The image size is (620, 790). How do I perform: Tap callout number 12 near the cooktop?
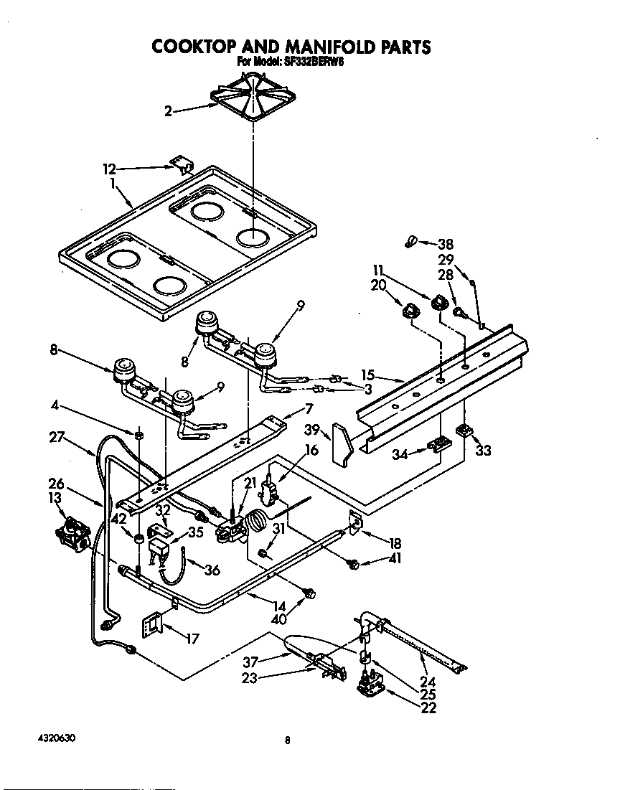(x=109, y=169)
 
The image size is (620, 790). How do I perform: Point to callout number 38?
(x=446, y=244)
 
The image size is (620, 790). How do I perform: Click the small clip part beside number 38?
(x=411, y=242)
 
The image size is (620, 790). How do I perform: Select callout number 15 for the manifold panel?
(x=368, y=375)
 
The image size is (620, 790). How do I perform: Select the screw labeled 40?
(x=310, y=593)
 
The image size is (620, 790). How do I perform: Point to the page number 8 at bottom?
(x=286, y=740)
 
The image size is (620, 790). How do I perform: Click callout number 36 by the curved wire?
(x=212, y=570)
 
